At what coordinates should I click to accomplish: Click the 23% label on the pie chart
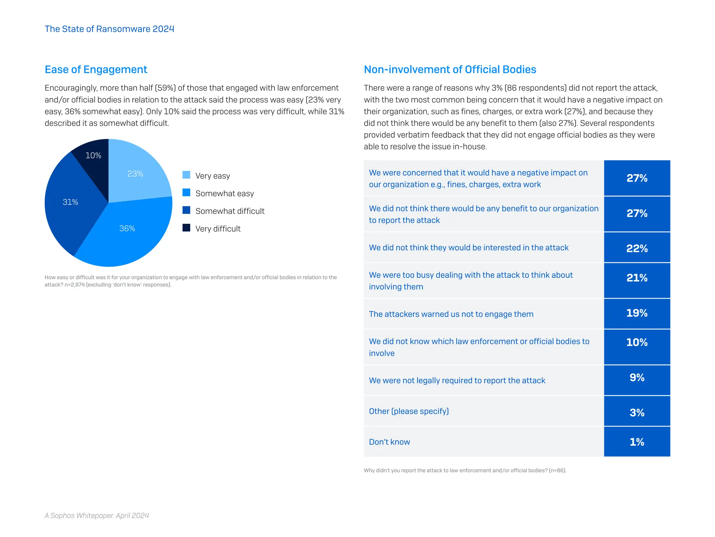tap(135, 174)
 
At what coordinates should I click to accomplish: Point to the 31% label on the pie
tap(70, 202)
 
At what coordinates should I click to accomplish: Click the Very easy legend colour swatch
tap(186, 175)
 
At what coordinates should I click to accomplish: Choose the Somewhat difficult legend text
tap(230, 211)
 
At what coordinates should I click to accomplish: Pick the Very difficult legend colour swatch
tap(186, 228)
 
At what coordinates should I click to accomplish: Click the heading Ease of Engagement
tap(96, 70)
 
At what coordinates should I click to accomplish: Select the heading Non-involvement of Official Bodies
tap(450, 70)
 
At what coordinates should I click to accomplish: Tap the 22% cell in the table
tap(637, 248)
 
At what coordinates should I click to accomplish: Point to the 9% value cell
tap(637, 380)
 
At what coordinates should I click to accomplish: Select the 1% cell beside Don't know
tap(637, 442)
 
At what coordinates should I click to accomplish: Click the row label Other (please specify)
tap(409, 411)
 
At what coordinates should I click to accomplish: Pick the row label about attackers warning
tap(451, 314)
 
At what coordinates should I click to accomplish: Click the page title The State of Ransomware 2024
tap(109, 29)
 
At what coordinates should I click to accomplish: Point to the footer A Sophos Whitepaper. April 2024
tap(97, 515)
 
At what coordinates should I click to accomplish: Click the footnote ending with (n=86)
tap(465, 471)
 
